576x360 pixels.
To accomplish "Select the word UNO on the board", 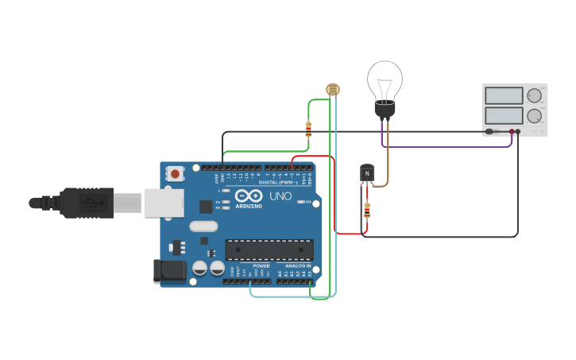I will coord(280,195).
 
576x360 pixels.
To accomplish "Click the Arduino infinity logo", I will coord(249,195).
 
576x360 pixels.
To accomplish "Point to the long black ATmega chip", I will coord(269,250).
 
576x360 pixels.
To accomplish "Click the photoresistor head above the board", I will coord(332,89).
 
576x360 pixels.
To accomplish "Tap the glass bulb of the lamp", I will coord(385,79).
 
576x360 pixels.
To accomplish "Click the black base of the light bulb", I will coord(385,108).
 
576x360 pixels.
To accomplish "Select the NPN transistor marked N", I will coord(366,173).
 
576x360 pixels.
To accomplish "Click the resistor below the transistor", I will coord(366,211).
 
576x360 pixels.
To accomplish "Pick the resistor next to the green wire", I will coord(308,129).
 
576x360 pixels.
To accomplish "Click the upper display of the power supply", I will coord(503,95).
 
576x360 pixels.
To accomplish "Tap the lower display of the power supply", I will coord(503,115).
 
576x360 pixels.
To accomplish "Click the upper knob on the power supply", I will coord(534,95).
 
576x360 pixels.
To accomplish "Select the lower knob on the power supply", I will coord(534,115).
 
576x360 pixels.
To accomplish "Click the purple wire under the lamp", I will coord(445,146).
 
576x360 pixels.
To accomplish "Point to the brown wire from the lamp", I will coord(388,159).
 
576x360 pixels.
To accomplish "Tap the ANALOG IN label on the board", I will coord(298,266).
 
